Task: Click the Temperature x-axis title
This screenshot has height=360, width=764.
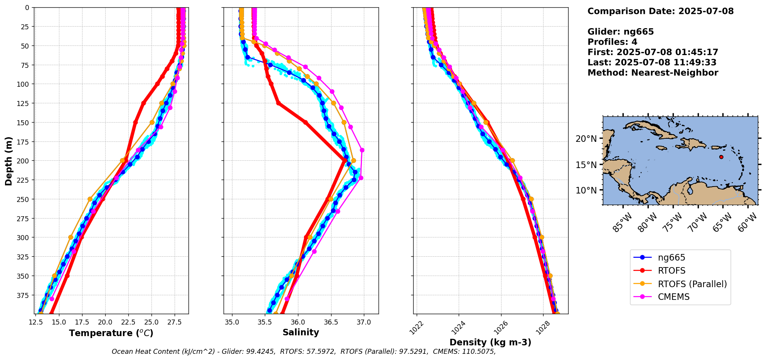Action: pos(111,333)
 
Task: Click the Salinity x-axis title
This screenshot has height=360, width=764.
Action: pos(301,333)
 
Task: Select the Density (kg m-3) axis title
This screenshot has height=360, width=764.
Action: pos(490,342)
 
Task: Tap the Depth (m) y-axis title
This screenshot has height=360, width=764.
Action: pos(8,161)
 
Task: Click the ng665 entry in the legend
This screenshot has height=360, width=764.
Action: pos(671,258)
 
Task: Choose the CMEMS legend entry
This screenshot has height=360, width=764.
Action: pos(673,297)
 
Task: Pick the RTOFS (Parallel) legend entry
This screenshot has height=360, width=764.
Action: pos(692,284)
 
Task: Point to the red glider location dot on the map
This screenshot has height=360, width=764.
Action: pos(721,157)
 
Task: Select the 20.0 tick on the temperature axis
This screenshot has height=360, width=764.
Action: pos(105,322)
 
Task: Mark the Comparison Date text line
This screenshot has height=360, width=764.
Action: pos(660,11)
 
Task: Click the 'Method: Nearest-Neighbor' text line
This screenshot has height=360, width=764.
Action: pos(653,73)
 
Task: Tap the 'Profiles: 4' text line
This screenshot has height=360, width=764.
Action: pos(612,42)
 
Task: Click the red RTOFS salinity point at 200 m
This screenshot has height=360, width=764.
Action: pos(344,160)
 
